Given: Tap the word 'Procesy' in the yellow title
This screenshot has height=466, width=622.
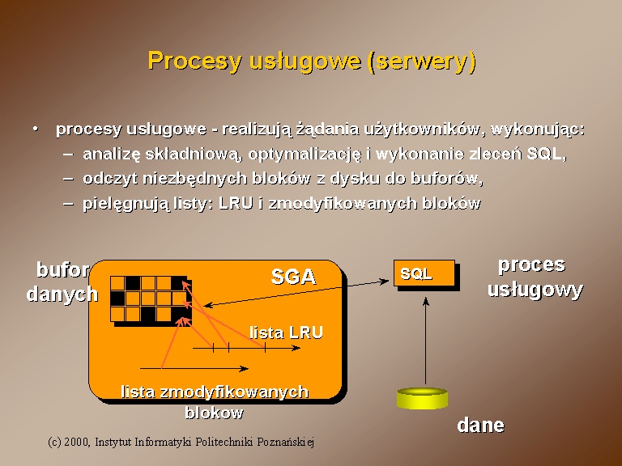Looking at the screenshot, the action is click(194, 61).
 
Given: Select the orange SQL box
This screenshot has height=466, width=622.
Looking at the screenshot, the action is click(424, 273).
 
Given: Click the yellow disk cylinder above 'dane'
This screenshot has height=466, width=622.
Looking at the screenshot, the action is click(423, 398).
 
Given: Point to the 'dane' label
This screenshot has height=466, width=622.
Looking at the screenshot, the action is click(481, 426).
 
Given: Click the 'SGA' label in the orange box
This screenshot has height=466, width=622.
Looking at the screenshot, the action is click(293, 277).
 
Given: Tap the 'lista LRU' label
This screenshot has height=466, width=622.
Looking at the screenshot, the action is click(286, 333).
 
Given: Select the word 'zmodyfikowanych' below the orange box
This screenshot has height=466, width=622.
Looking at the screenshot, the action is click(234, 392).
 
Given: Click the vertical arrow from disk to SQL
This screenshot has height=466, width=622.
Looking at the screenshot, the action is click(426, 341).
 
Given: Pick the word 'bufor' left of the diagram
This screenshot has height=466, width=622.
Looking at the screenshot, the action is click(62, 270).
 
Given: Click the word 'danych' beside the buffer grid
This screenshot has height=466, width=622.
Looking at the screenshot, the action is click(62, 294).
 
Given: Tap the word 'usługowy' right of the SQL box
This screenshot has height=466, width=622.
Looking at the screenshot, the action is click(535, 290).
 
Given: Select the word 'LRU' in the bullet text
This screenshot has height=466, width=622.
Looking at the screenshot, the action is click(236, 203).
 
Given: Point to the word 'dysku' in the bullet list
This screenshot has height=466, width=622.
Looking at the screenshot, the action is click(355, 179).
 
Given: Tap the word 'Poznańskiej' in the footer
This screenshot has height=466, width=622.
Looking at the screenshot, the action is click(286, 442).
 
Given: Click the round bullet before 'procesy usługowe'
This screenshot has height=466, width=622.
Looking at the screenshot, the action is click(36, 129).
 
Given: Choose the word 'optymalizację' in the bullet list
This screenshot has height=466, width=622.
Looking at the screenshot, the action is click(305, 155).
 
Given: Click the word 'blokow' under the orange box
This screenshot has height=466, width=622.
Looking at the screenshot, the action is click(214, 413).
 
